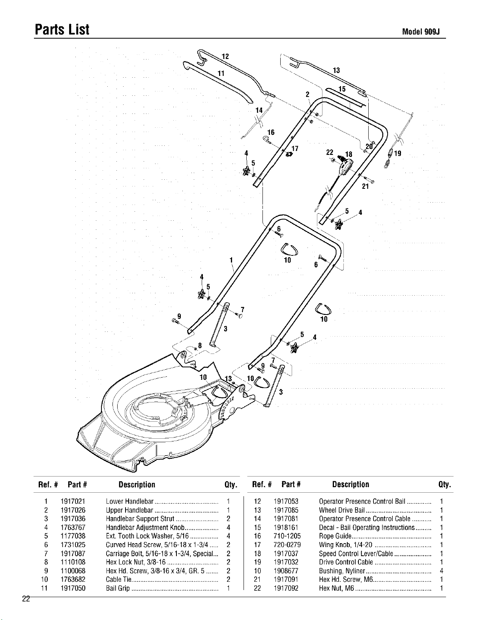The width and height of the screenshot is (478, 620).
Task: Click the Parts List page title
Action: point(62,30)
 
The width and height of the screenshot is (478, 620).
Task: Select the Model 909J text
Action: point(420,32)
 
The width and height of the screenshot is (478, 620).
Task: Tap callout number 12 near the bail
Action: point(225,56)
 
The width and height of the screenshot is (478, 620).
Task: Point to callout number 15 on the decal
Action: point(342,89)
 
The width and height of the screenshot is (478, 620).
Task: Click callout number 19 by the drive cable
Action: point(398,153)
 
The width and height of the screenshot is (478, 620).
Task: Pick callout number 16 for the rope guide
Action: point(271,132)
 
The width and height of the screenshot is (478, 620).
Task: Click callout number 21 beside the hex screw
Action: point(366,186)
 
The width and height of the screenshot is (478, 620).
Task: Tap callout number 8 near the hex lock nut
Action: point(200,346)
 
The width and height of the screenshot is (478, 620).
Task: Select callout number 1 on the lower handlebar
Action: point(231,260)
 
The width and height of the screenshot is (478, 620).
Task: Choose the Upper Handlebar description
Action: point(130,510)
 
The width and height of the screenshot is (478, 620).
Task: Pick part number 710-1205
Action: point(287,536)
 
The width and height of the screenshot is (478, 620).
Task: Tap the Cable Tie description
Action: point(118,579)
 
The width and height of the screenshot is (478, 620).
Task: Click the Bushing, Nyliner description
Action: point(342,571)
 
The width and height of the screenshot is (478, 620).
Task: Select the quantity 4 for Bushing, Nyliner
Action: point(441,571)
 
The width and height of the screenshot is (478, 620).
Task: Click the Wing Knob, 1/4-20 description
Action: point(346,545)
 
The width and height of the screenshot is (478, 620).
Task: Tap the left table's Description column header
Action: point(137,484)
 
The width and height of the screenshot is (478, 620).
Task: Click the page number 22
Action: point(26,599)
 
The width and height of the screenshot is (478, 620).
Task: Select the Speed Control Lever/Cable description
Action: point(356,553)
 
